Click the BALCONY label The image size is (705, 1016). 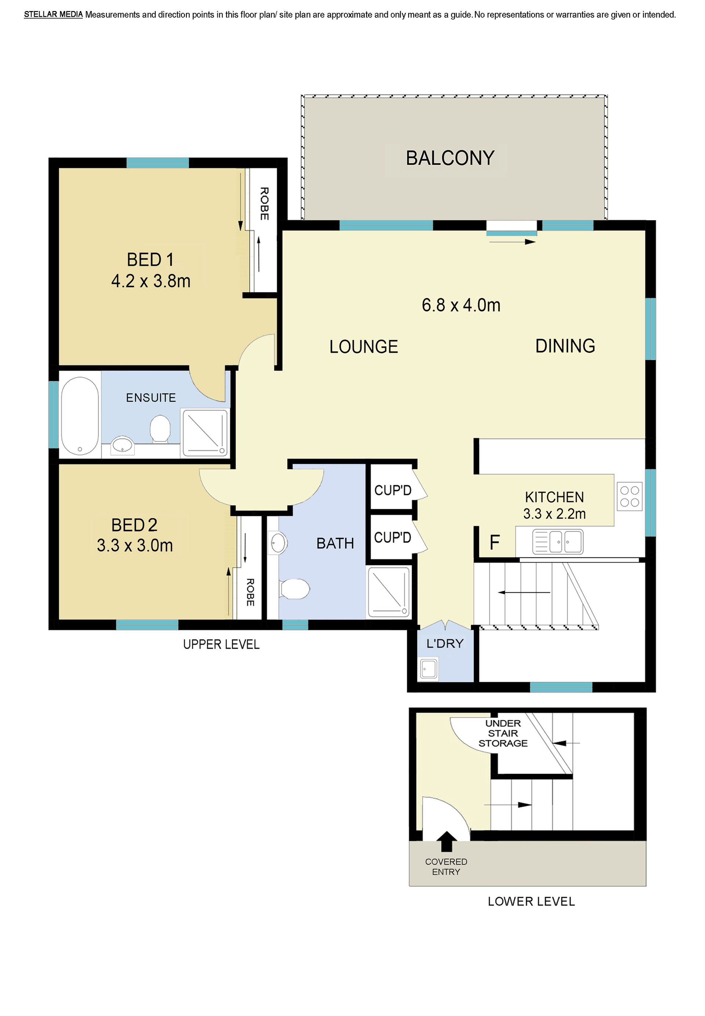450,158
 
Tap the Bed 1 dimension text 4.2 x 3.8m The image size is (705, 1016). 151,281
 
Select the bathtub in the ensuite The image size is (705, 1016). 80,415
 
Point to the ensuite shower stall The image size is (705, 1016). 205,433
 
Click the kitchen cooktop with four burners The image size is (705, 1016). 629,496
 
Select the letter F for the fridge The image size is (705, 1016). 495,542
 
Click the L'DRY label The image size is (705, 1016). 445,644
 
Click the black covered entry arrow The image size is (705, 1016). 446,841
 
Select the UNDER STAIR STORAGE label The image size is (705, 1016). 503,733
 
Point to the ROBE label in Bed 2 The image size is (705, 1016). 250,592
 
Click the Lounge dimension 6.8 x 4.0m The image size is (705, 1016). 461,305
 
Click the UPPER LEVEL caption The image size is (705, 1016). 221,644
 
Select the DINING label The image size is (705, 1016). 565,346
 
